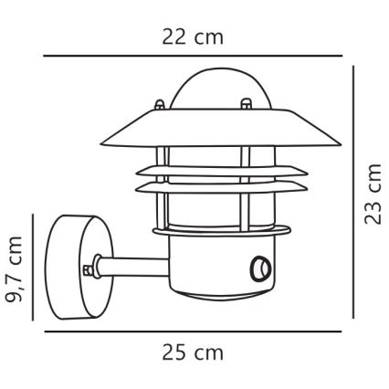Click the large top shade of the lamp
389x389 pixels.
[x=211, y=128]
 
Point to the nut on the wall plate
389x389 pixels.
[x=89, y=269]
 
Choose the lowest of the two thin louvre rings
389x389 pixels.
[x=211, y=189]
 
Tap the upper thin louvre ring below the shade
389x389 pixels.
[x=211, y=170]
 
